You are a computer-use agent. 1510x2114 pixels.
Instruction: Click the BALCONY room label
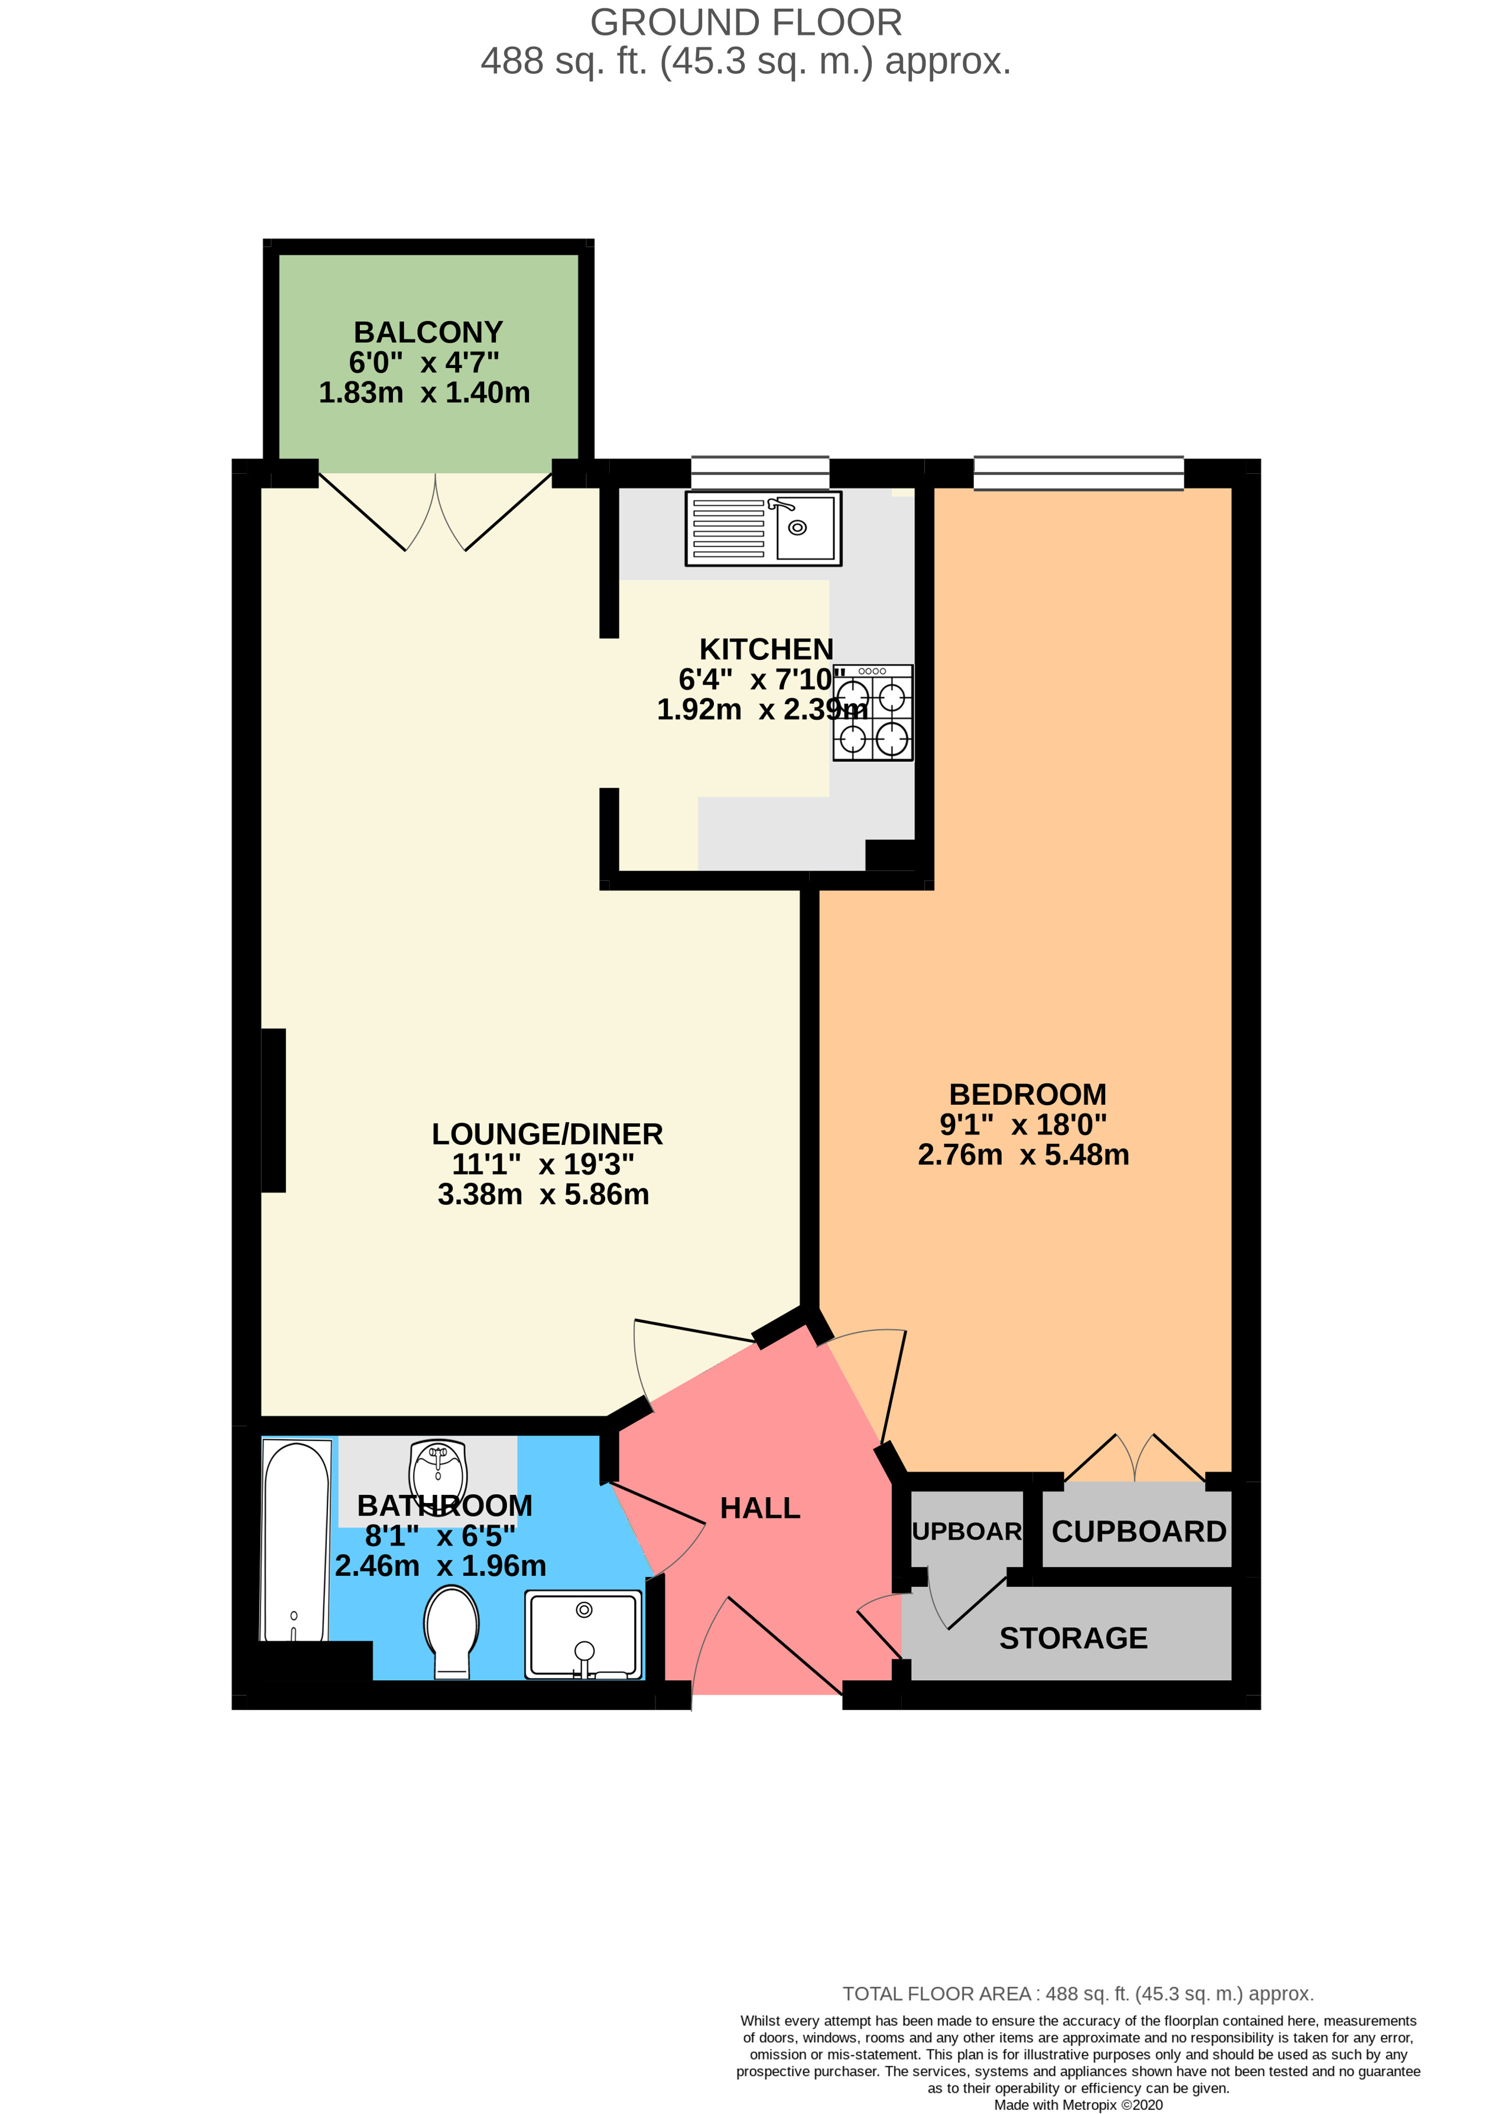428,332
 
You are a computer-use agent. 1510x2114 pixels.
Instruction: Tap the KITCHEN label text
766,649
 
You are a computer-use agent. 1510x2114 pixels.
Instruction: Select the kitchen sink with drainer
764,529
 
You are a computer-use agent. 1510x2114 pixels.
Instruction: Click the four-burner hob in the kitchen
872,713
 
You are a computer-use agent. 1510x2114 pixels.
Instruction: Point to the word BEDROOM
1027,1094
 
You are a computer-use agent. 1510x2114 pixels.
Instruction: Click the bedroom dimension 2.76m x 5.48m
1023,1154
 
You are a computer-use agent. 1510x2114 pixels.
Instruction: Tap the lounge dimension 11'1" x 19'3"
543,1164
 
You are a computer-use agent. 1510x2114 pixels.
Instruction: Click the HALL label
759,1508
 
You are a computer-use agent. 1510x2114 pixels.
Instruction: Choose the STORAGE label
1073,1638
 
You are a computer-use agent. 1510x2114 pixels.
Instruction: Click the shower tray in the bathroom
583,1634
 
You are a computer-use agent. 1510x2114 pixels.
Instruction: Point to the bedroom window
1079,473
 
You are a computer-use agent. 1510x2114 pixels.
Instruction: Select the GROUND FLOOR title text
746,22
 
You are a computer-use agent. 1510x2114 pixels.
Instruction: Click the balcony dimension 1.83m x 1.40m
424,392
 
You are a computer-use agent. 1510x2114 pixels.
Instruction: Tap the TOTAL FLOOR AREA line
1077,1994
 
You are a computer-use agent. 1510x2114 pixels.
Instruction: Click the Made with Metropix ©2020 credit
1077,2105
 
